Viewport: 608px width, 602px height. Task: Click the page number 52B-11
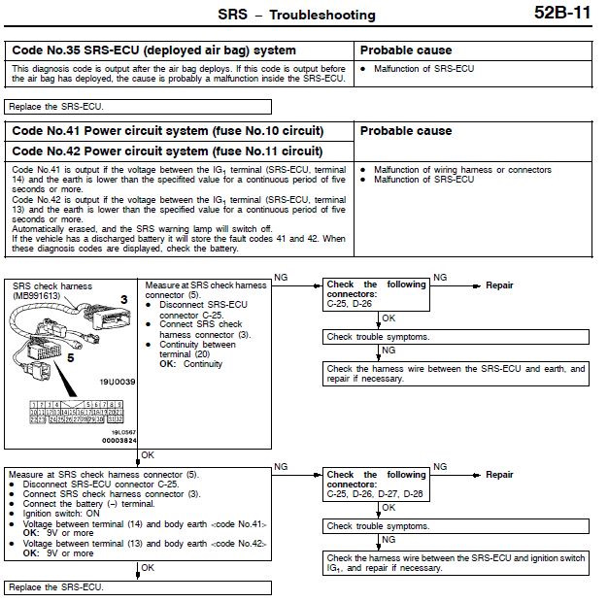pyautogui.click(x=561, y=15)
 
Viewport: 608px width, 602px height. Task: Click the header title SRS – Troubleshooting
pyautogui.click(x=294, y=16)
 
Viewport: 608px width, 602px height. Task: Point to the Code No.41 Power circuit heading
pyautogui.click(x=167, y=131)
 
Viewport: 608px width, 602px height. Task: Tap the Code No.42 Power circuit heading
pyautogui.click(x=167, y=151)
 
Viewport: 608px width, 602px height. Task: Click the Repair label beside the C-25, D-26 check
pyautogui.click(x=499, y=285)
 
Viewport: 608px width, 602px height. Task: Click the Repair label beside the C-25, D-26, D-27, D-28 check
pyautogui.click(x=499, y=475)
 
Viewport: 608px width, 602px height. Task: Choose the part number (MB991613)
pyautogui.click(x=37, y=294)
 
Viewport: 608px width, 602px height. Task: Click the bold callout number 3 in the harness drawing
pyautogui.click(x=123, y=299)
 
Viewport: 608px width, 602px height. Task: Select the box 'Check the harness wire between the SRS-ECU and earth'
pyautogui.click(x=456, y=373)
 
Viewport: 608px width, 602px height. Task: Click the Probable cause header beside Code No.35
pyautogui.click(x=406, y=50)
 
